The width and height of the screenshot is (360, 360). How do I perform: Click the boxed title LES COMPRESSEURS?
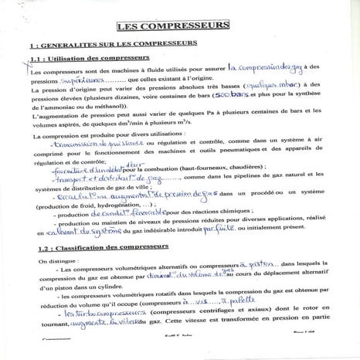click(179, 26)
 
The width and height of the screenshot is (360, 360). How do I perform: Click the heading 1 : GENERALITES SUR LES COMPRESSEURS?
click(112, 46)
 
